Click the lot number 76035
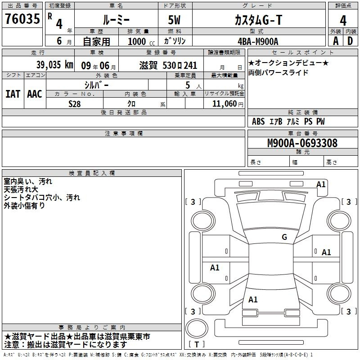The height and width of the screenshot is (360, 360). click(x=22, y=18)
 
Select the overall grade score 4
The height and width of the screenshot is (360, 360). click(x=343, y=20)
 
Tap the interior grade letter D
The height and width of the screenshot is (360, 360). click(x=350, y=41)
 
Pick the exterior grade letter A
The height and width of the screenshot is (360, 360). click(x=336, y=41)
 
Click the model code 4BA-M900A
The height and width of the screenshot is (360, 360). click(x=258, y=41)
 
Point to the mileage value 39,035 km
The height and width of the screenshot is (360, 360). click(x=54, y=65)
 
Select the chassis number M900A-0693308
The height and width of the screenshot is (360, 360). click(x=302, y=143)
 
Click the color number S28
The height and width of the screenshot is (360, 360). click(x=75, y=104)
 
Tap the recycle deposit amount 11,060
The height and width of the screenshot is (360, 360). click(x=225, y=104)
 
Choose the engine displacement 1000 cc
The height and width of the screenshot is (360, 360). click(x=141, y=41)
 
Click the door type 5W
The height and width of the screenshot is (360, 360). click(x=174, y=20)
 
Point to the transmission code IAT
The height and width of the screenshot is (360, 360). click(x=13, y=94)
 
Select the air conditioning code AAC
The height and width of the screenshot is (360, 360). click(x=35, y=94)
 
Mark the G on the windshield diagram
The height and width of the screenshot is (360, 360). click(x=284, y=237)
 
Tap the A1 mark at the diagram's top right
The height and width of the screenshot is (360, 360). click(x=321, y=184)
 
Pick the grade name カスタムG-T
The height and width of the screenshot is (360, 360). click(x=258, y=20)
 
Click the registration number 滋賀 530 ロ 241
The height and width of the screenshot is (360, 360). click(x=168, y=65)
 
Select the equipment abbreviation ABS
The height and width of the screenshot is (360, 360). click(x=258, y=121)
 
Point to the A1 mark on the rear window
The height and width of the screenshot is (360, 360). click(x=253, y=299)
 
